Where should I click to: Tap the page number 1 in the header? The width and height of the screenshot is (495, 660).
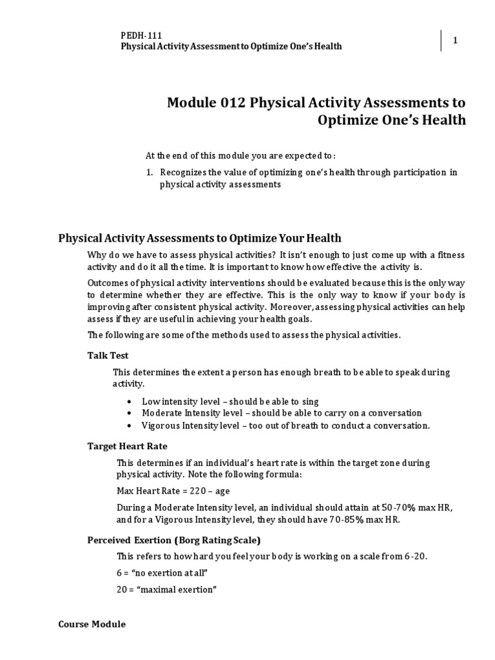455,41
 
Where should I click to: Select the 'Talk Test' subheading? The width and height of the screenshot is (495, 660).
108,355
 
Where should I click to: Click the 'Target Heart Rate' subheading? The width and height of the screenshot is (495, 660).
127,446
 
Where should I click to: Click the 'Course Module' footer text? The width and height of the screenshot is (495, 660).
92,625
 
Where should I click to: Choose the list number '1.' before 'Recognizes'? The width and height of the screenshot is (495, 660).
149,172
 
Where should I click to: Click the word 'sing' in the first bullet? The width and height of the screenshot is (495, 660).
309,402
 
